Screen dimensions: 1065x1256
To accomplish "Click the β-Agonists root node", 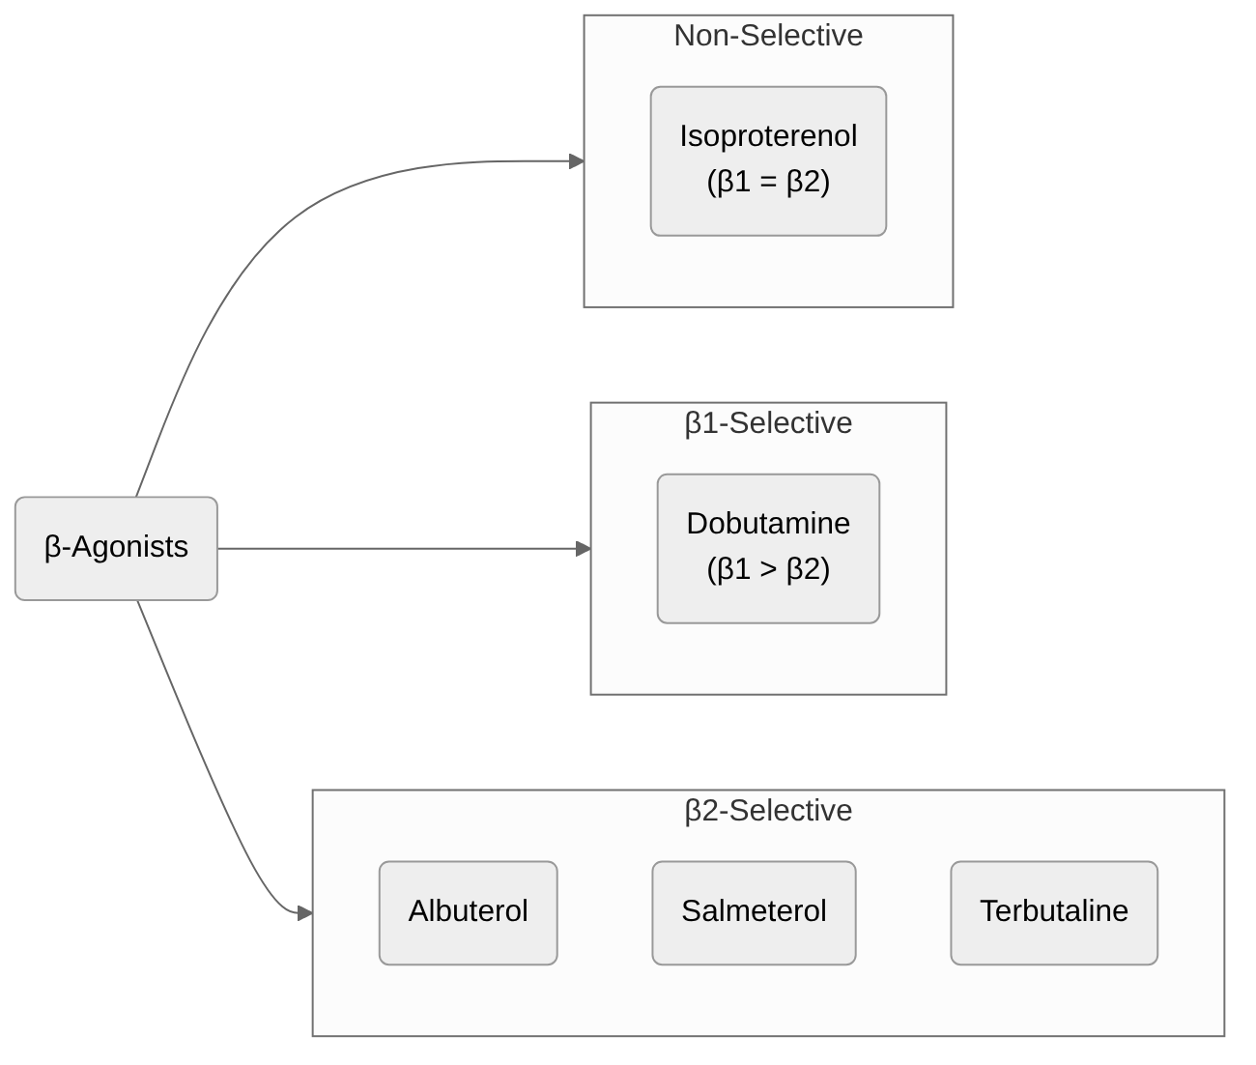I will (116, 548).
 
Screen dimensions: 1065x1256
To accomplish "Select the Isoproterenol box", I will (768, 160).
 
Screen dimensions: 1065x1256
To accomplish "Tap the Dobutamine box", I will (768, 548).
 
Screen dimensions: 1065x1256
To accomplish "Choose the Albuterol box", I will (468, 912).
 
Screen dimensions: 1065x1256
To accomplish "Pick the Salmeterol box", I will (754, 912).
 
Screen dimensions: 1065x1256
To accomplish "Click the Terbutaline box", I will (1053, 912).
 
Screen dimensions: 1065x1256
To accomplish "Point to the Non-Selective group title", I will (768, 36).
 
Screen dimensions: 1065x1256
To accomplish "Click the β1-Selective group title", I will (768, 423).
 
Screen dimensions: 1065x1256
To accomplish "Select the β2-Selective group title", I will (768, 811).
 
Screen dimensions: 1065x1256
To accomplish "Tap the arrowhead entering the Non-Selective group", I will (577, 161).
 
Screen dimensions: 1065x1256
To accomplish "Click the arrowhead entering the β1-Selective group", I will (584, 549).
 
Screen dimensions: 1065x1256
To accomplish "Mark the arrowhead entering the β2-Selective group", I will (304, 912).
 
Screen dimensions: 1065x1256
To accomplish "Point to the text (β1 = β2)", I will (768, 183).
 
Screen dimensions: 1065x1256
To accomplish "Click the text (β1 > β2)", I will (768, 570).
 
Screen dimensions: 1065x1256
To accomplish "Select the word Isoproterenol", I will (768, 136).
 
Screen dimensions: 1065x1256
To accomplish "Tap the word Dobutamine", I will (768, 524).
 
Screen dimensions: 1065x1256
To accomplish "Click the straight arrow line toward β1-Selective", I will (396, 549).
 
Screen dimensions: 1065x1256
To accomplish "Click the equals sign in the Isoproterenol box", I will (768, 183).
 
